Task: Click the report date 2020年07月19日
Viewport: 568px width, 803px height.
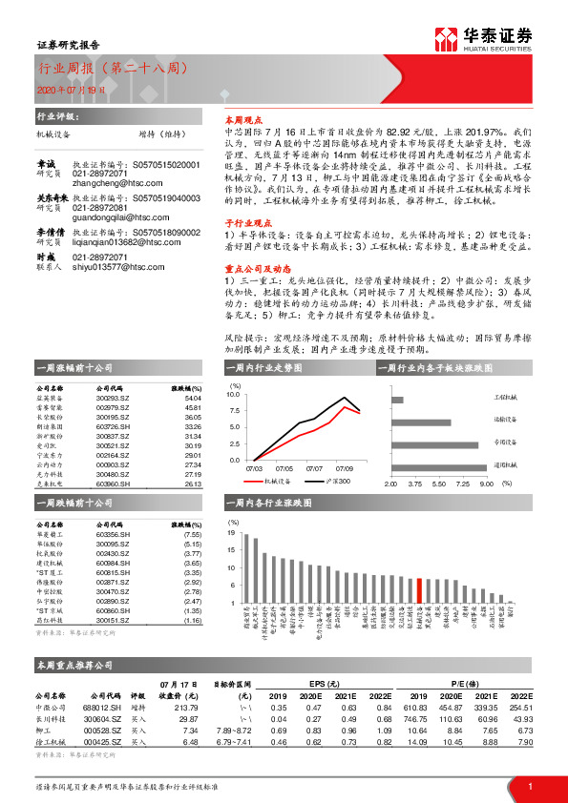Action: [x=65, y=89]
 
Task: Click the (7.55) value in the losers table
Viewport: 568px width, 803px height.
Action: [x=192, y=535]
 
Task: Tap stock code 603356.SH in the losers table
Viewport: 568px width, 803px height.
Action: [x=114, y=535]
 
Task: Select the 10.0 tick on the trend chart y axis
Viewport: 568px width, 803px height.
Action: [x=233, y=393]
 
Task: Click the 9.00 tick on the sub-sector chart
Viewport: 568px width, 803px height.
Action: [x=485, y=484]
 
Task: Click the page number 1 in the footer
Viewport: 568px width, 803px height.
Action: [x=529, y=786]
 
